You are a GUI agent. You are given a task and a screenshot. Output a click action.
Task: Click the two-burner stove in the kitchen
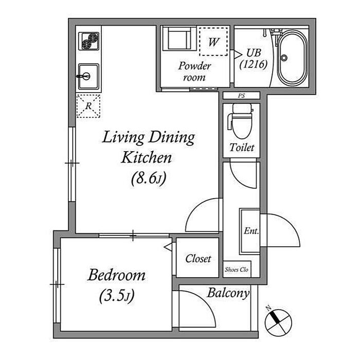click(x=89, y=41)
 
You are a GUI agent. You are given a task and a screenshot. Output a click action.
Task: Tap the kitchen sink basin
click(x=88, y=77)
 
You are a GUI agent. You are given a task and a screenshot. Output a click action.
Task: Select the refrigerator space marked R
click(x=88, y=106)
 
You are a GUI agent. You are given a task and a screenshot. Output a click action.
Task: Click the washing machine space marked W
click(x=213, y=42)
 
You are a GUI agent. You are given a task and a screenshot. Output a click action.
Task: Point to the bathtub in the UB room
click(x=292, y=58)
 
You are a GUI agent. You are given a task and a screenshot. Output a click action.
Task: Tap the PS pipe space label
click(x=241, y=96)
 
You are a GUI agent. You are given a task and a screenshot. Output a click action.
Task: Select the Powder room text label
click(x=194, y=71)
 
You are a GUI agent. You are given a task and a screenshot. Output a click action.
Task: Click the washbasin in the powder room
click(x=179, y=39)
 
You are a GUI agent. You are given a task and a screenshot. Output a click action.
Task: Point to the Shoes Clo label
click(x=237, y=269)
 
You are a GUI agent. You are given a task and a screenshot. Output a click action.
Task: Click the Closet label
click(x=198, y=259)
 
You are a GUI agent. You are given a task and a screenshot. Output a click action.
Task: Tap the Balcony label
click(x=228, y=293)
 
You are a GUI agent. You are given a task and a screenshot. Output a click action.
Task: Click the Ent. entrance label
click(x=251, y=231)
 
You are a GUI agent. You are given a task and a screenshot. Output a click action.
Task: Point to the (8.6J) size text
click(x=149, y=178)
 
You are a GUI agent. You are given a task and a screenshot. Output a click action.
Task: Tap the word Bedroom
click(x=116, y=275)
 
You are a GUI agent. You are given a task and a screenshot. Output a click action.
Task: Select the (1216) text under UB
click(x=254, y=64)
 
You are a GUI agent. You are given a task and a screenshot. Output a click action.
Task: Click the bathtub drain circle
click(x=284, y=58)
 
